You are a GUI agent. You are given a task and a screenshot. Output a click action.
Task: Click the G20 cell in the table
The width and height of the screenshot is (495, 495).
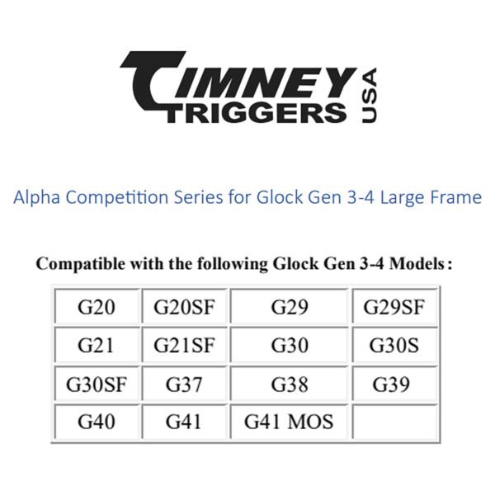97,306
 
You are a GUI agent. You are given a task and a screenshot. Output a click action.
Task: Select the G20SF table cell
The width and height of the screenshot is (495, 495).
184,306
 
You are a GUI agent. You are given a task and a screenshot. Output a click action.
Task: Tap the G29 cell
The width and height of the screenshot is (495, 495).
290,306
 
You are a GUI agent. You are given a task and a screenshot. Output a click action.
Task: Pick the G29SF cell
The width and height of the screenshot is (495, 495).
394,306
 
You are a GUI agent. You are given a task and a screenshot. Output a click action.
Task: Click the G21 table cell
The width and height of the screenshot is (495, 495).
97,345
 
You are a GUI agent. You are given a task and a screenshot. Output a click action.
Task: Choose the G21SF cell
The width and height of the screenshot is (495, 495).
184,345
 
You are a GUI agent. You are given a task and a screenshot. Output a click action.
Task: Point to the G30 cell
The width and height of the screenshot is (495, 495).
290,345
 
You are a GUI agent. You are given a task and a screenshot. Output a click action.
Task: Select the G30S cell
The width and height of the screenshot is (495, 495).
394,345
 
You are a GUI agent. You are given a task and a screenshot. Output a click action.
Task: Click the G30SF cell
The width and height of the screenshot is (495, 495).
97,384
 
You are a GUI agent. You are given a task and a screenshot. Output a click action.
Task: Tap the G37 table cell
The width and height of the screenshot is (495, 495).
184,384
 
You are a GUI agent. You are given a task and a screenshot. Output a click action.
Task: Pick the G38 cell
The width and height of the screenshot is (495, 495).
290,384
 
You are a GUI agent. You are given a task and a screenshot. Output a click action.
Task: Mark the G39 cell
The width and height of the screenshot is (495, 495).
394,384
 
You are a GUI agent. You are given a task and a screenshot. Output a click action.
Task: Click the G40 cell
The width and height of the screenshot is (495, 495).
97,422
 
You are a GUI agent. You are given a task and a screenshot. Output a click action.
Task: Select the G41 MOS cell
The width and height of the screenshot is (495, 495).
290,422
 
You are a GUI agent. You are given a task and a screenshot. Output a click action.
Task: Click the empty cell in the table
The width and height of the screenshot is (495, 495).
394,422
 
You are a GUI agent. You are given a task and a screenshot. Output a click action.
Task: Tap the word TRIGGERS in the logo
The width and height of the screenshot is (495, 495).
257,113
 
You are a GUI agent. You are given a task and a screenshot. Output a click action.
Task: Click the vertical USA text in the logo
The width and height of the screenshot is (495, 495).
369,96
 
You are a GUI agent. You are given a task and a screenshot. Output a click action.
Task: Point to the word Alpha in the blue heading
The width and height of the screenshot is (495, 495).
37,198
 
